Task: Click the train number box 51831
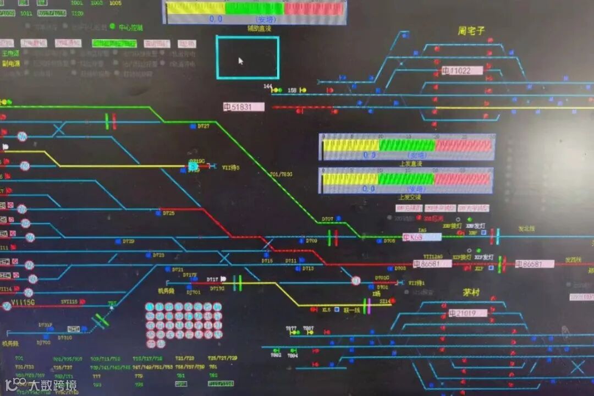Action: [244, 107]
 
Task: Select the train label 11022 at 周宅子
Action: [462, 70]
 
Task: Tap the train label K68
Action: [422, 237]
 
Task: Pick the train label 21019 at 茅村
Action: [468, 313]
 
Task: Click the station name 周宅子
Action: [471, 31]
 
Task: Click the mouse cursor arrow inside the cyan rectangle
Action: [240, 61]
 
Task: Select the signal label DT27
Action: [204, 127]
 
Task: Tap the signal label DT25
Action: [168, 213]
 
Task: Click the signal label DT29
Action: [128, 241]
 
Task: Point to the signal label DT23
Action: [158, 255]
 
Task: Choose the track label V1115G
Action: [23, 304]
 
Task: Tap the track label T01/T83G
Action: [281, 174]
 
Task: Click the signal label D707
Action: [327, 219]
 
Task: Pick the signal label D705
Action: [389, 241]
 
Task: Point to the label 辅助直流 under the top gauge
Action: [258, 28]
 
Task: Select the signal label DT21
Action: [177, 269]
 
